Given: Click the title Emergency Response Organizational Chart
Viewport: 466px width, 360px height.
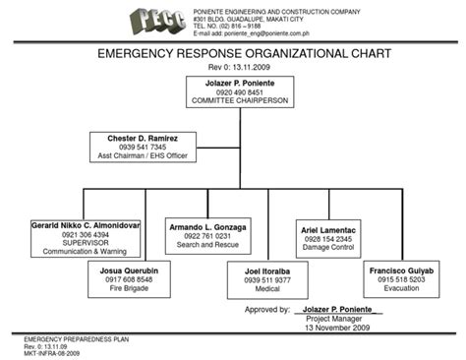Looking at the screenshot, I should pyautogui.click(x=233, y=53).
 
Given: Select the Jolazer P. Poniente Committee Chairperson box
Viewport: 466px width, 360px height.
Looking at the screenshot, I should pyautogui.click(x=233, y=90).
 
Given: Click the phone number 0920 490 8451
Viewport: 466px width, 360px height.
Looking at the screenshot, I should pyautogui.click(x=234, y=91).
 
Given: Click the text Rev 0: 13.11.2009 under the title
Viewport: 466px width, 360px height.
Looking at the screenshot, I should pyautogui.click(x=233, y=67).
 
